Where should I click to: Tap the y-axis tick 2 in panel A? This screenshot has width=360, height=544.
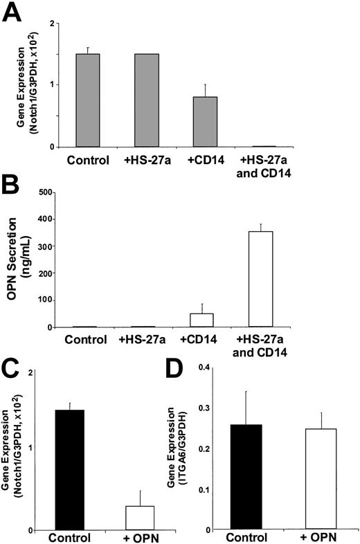tap(53, 24)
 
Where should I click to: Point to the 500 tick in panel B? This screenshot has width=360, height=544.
tap(50, 192)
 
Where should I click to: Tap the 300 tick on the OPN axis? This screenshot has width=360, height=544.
tap(50, 246)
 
